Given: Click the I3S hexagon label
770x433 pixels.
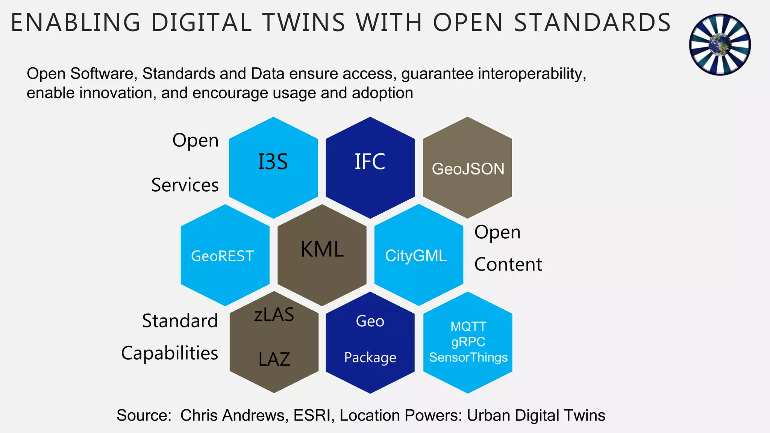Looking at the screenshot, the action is point(273,162).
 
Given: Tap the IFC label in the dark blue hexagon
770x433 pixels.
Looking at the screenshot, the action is point(370,162).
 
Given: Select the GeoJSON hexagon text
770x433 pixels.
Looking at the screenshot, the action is point(468,169).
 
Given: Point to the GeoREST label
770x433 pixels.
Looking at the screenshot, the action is point(223,256).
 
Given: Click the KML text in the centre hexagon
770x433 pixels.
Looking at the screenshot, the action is point(322,249).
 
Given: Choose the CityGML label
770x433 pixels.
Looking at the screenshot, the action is point(416,256).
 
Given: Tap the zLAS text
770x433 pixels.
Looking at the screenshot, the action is point(274,315).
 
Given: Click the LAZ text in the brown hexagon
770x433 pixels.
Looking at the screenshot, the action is point(274,360).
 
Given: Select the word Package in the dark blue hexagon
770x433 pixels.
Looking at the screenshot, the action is point(370,357).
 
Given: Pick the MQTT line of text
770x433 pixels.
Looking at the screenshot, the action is point(468,326).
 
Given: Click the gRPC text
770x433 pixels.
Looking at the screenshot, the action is point(468,342).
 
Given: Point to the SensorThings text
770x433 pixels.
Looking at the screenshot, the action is point(468,357).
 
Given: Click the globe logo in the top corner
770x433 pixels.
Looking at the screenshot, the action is point(720,44).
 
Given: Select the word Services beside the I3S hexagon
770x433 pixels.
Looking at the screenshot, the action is point(185,185).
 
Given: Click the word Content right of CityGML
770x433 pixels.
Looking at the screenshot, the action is point(508,265).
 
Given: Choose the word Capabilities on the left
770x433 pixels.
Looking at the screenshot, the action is point(170,353).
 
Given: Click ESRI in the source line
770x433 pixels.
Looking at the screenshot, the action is point(313,415).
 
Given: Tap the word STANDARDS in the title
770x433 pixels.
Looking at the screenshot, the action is point(592,23).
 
